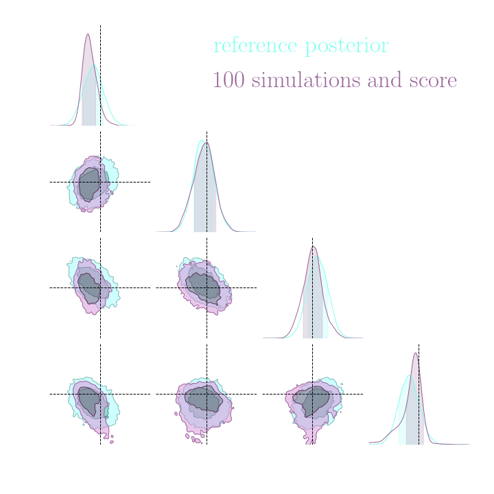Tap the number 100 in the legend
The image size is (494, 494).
point(228,80)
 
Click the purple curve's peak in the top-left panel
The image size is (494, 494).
point(88,34)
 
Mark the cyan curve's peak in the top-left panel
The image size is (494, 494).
point(95,64)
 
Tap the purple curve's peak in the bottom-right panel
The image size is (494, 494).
point(415,353)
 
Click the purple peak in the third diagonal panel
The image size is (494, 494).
point(313,246)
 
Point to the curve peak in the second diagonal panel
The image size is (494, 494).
point(205,141)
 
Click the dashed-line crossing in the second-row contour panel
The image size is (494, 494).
point(100,182)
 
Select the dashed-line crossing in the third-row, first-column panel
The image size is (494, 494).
point(100,287)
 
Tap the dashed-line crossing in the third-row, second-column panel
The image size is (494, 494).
point(207,287)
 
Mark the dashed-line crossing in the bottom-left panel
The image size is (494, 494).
point(100,394)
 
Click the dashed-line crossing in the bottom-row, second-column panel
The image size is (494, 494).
point(207,394)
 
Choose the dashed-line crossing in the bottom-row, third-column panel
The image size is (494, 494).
point(312,394)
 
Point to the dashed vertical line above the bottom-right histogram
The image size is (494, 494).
point(419,347)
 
